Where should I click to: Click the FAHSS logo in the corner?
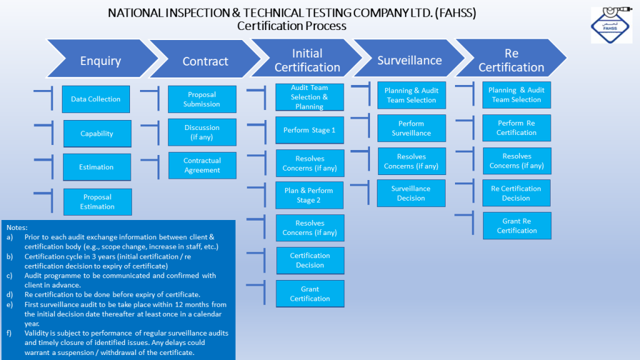click(x=611, y=26)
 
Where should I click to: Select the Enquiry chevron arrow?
click(x=101, y=61)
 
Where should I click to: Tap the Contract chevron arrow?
click(x=204, y=61)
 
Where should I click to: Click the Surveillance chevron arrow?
click(x=409, y=60)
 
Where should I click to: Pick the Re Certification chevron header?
click(x=511, y=60)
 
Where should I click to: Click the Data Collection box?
click(x=96, y=99)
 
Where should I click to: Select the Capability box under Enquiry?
click(x=97, y=133)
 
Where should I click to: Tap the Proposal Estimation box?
click(x=97, y=202)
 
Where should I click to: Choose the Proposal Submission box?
click(x=202, y=99)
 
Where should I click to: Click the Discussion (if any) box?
click(x=202, y=132)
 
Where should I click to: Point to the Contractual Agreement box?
click(x=202, y=166)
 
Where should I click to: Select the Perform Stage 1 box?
click(x=309, y=130)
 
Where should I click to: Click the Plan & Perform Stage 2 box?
click(x=309, y=195)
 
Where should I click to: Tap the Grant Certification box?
click(x=310, y=294)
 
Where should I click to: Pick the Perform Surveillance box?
click(x=411, y=128)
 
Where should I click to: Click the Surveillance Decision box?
click(x=411, y=193)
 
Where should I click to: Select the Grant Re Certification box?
click(x=517, y=226)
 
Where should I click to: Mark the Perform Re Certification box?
click(x=516, y=128)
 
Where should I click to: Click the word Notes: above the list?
click(x=17, y=228)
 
